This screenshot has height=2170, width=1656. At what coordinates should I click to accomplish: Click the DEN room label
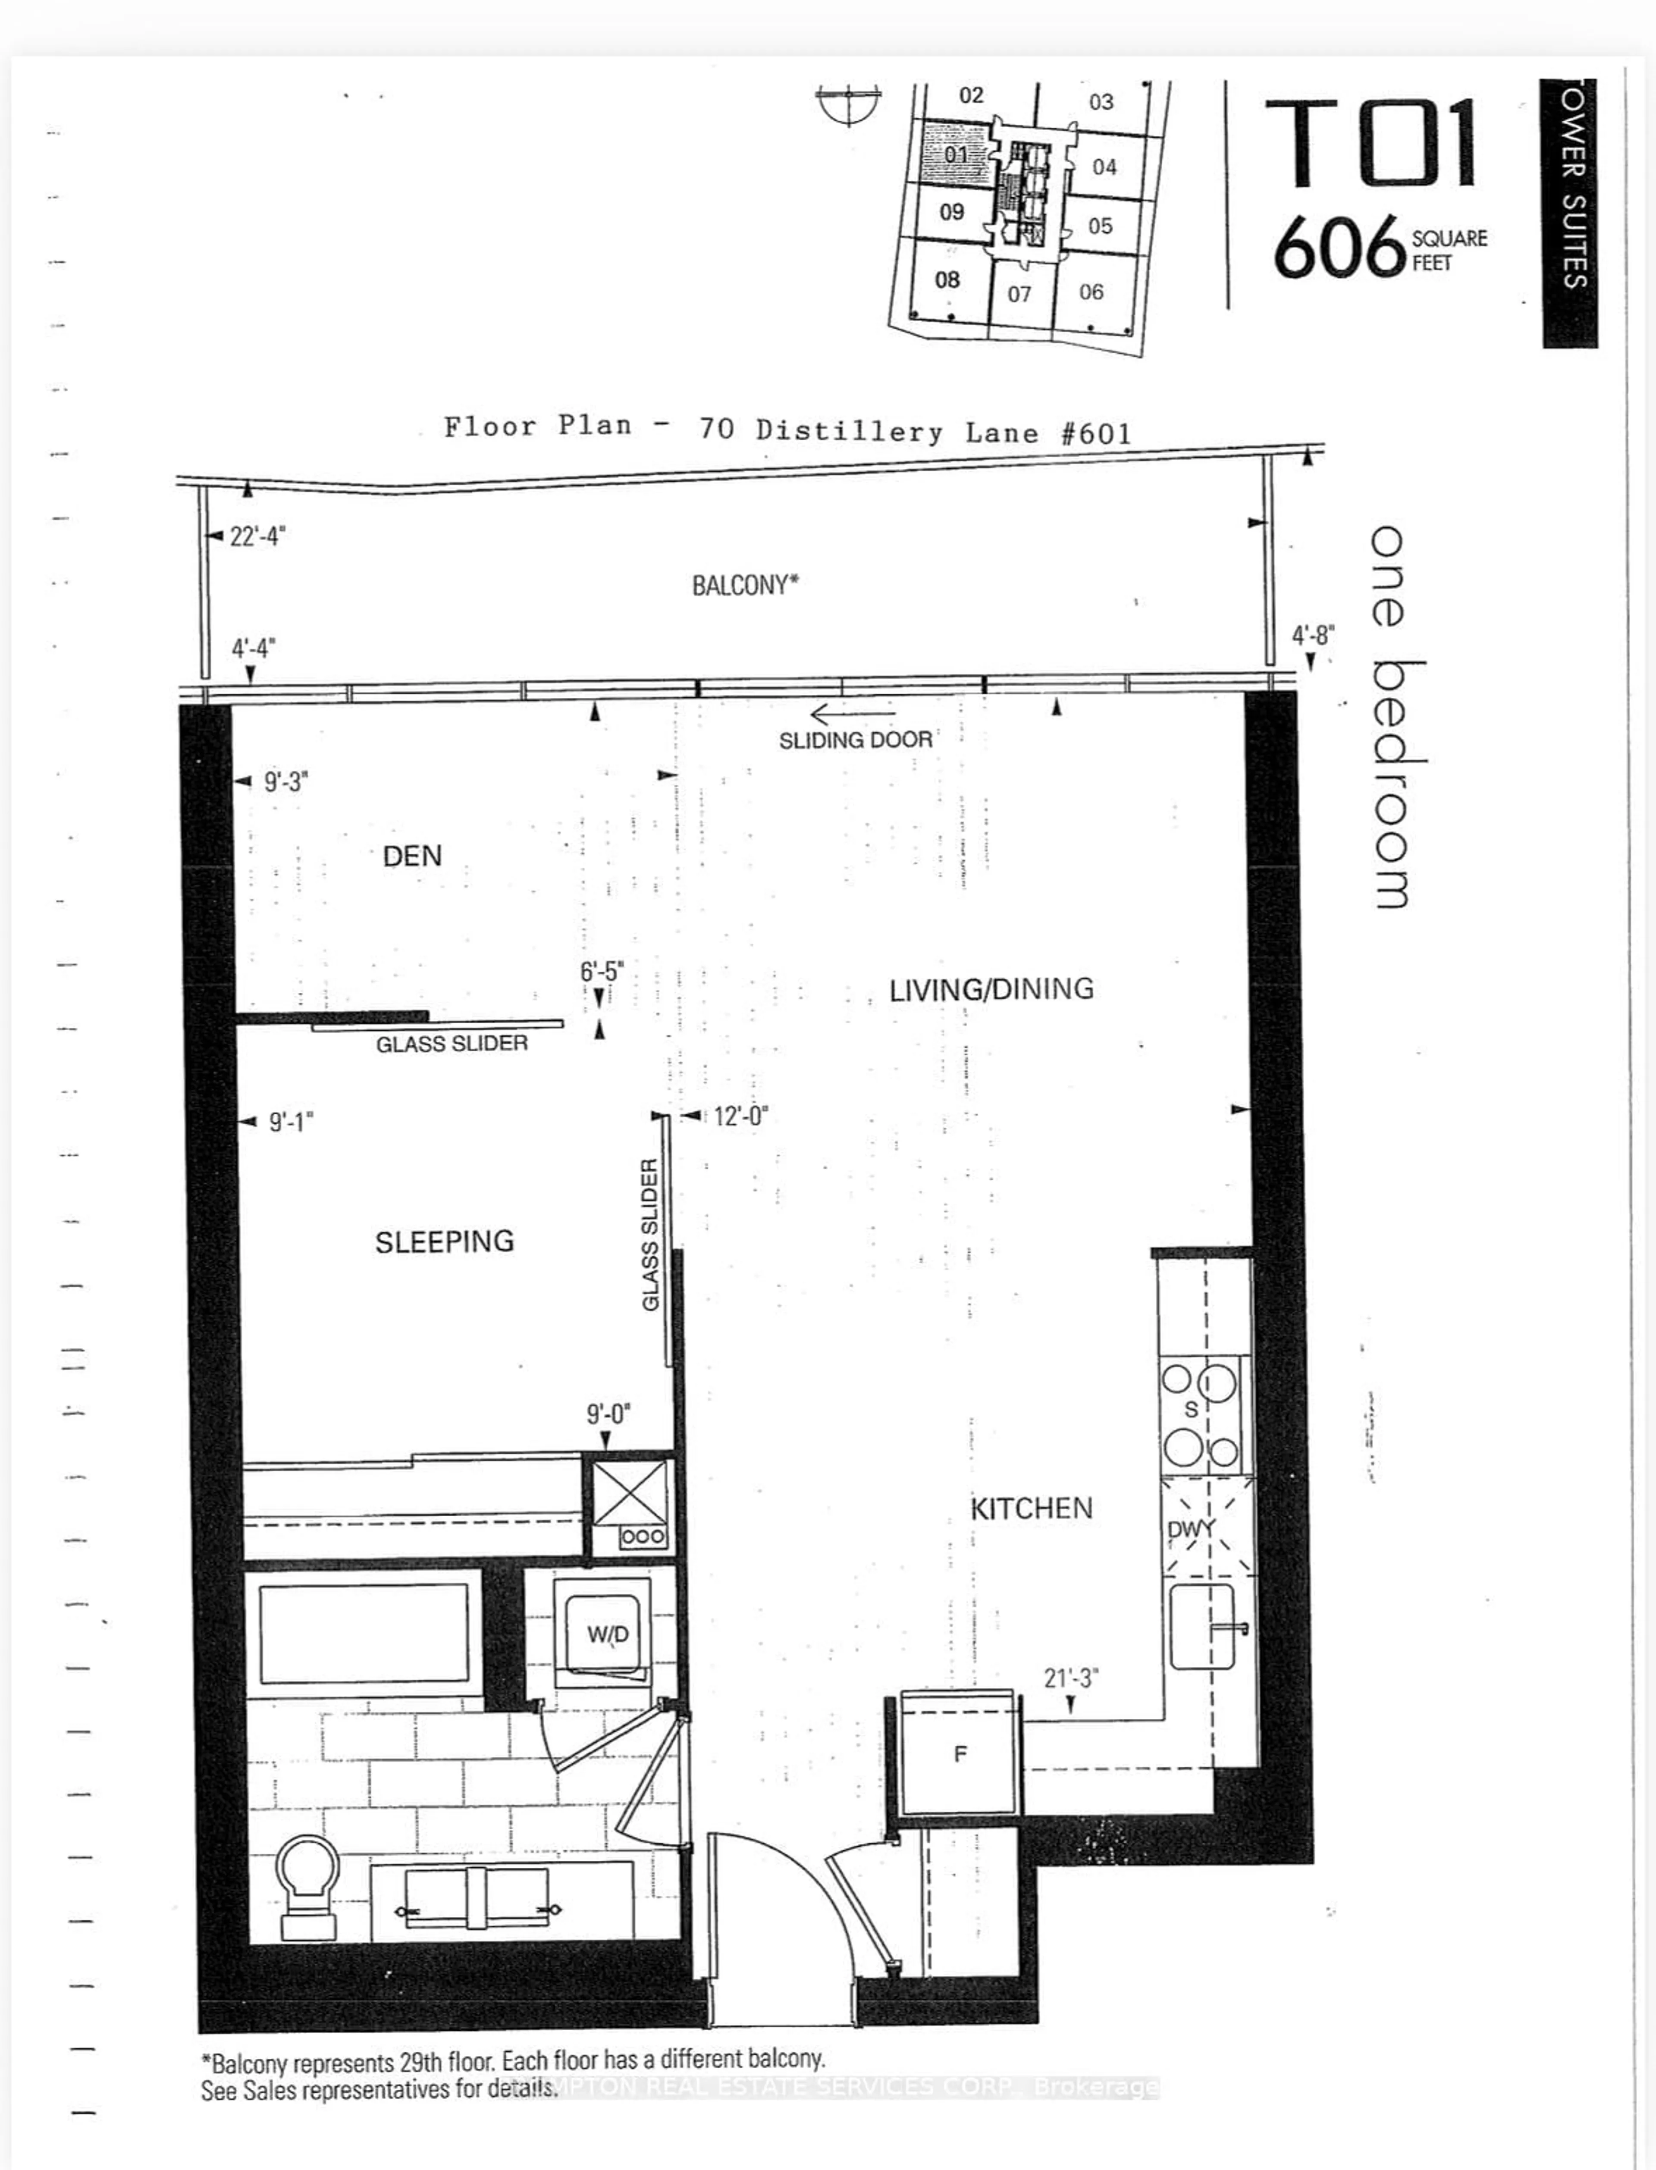pos(412,856)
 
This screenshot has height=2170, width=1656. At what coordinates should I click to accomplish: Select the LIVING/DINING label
pos(991,989)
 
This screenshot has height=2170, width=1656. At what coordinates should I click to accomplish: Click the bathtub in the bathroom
pos(364,1634)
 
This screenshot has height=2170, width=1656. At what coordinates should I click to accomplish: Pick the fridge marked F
pos(959,1754)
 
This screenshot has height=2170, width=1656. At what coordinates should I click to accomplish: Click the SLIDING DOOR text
pos(855,740)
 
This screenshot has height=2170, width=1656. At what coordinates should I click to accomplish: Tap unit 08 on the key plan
pos(946,280)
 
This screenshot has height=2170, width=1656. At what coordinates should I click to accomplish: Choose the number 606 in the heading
pos(1339,248)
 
